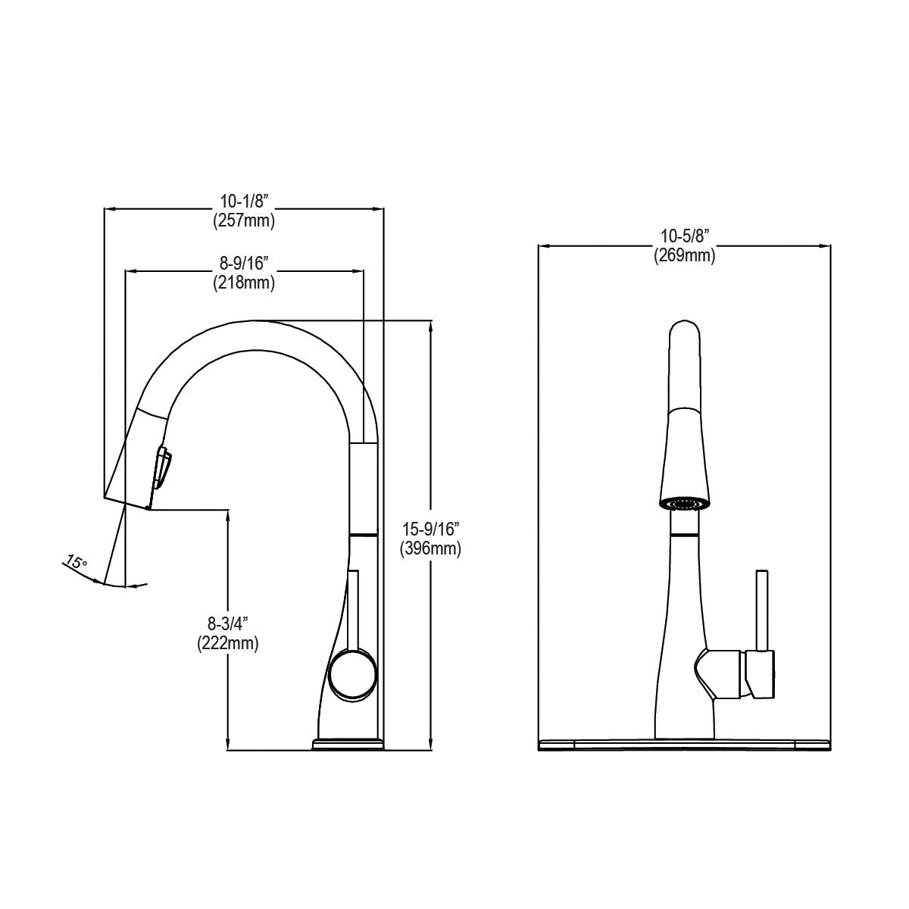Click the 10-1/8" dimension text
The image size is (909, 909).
(243, 201)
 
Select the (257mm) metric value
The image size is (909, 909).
(243, 221)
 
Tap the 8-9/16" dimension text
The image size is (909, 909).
(243, 264)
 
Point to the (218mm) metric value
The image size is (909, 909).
(243, 283)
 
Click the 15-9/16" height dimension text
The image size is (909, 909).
(430, 529)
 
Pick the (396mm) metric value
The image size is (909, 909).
(430, 549)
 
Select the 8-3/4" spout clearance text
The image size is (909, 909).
(228, 623)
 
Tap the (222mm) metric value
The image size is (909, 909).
(228, 643)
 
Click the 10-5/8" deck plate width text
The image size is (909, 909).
(684, 236)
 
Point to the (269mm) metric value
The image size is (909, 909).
(684, 256)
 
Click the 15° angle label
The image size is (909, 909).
(76, 563)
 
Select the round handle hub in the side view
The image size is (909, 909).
(352, 674)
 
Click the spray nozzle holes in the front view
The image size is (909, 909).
(683, 503)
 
